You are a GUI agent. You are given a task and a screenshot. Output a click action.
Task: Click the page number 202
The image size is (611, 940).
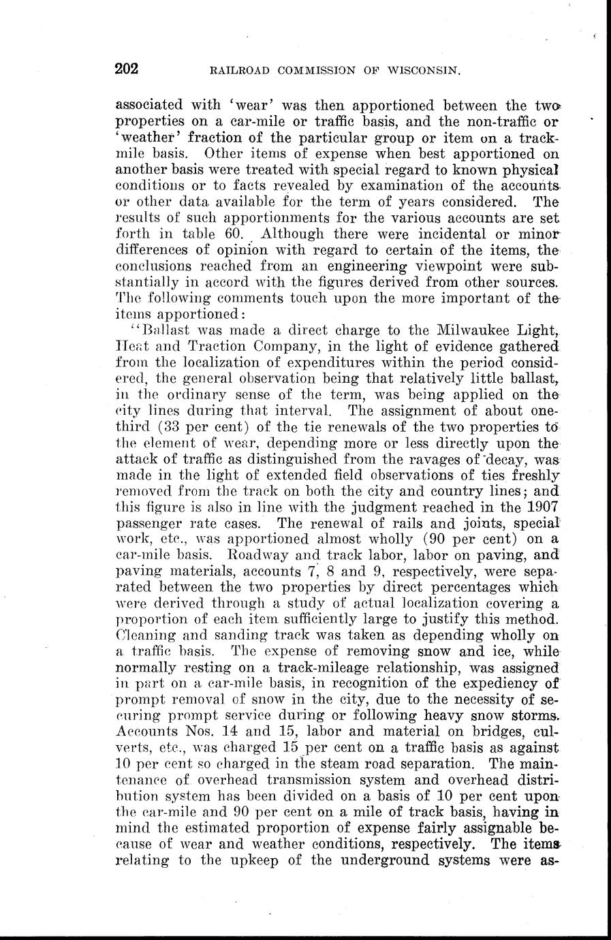point(127,67)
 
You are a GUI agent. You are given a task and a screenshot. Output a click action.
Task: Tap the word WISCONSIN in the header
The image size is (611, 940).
point(421,69)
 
